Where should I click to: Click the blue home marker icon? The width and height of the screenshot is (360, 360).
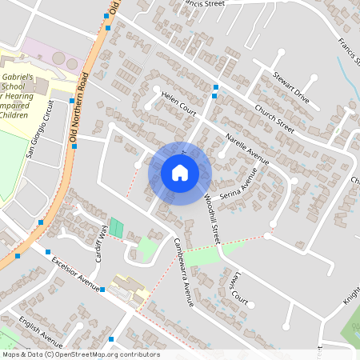180,172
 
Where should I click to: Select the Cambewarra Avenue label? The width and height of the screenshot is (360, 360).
185,272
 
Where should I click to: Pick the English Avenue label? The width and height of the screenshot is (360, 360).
41,331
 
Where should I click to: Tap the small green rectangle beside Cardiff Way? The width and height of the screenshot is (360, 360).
117,227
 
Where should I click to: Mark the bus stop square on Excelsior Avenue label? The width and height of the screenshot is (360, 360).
102,290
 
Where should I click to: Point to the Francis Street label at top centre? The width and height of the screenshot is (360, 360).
203,3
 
